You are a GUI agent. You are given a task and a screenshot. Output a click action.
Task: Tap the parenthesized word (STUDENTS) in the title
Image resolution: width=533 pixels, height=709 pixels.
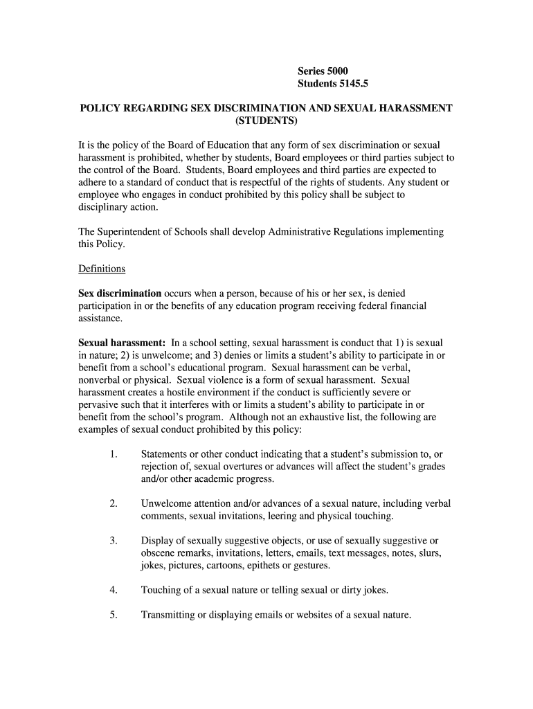point(266,121)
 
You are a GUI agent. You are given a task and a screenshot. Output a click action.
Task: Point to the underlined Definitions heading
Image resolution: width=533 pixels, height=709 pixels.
point(102,269)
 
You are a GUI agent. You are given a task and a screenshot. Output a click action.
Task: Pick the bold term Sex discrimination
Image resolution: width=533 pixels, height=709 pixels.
point(120,293)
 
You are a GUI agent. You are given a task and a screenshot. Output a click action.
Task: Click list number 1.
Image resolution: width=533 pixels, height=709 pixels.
point(113,454)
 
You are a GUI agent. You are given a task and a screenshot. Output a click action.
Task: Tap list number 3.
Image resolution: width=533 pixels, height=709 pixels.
point(113,541)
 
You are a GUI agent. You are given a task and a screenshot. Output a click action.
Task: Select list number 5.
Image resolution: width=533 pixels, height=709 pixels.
point(113,614)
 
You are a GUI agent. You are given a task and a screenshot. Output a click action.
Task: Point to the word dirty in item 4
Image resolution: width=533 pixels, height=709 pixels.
point(345,590)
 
